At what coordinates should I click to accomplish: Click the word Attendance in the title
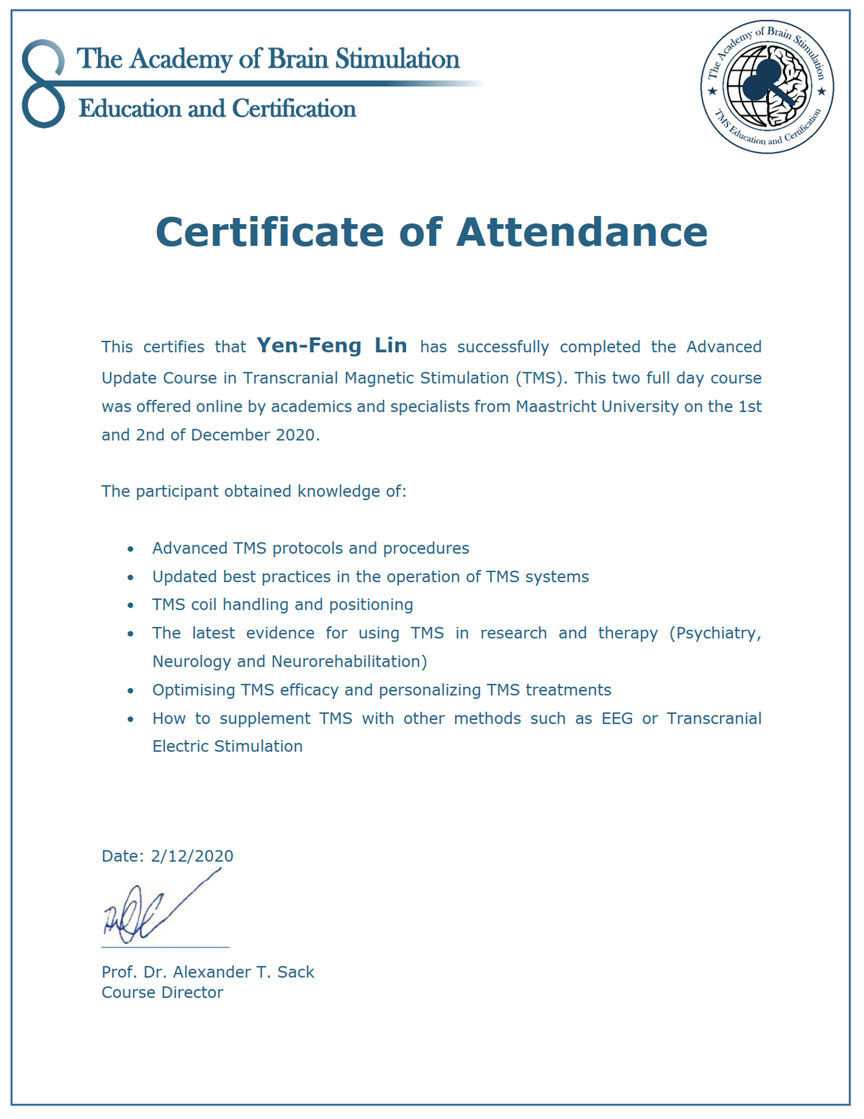(582, 232)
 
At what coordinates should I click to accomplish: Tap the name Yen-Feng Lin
(332, 346)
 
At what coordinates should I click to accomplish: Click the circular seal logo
(767, 86)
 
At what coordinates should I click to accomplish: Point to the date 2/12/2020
(192, 856)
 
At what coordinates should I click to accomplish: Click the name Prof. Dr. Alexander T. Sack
(207, 972)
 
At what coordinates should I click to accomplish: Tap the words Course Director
(162, 992)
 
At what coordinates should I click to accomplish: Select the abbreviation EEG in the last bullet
(617, 718)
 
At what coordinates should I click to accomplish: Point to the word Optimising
(192, 690)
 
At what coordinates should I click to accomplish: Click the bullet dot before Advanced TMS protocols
(130, 549)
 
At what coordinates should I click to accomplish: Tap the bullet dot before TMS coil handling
(130, 606)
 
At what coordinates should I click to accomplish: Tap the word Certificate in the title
(270, 232)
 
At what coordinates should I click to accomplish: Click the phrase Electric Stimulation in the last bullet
(227, 746)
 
